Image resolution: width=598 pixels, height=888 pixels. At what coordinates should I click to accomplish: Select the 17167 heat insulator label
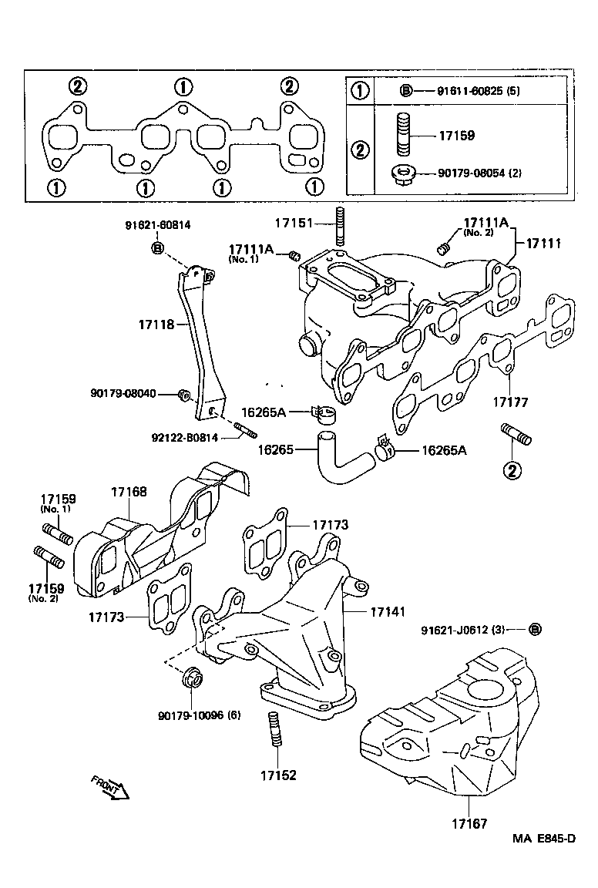click(469, 824)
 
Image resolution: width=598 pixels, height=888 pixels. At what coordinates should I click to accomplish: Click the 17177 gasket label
click(509, 402)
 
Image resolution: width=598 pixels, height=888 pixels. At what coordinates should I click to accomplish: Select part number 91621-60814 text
click(157, 224)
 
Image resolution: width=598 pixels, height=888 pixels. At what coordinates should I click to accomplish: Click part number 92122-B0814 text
click(185, 438)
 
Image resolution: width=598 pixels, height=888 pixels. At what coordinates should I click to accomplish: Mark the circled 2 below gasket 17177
click(511, 470)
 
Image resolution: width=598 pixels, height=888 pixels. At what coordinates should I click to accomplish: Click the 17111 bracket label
click(543, 243)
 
